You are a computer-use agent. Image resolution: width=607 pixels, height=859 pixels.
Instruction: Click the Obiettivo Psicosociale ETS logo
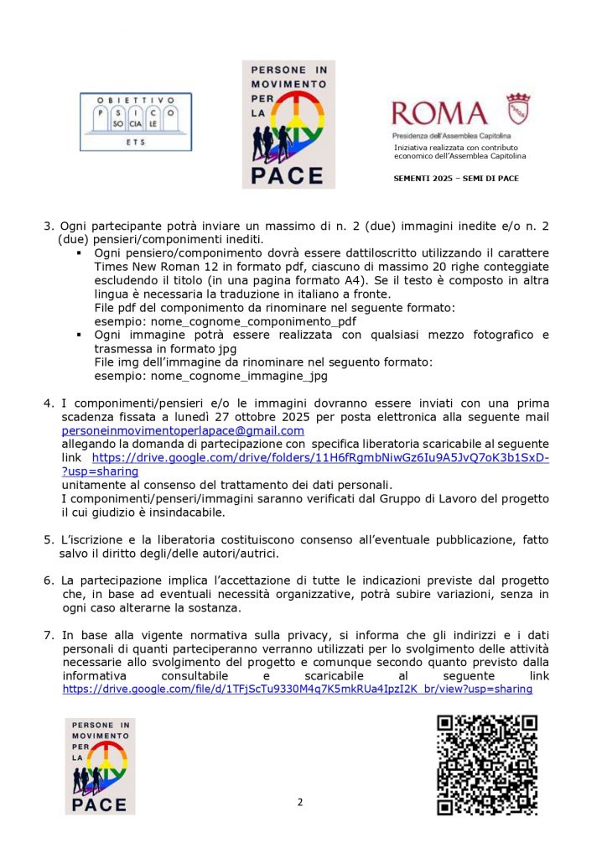[135, 122]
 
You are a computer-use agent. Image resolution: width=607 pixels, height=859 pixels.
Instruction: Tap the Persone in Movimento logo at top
[288, 123]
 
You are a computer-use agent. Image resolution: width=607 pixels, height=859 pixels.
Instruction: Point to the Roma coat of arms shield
[518, 109]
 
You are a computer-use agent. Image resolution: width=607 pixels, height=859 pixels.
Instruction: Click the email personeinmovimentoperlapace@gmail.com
[183, 430]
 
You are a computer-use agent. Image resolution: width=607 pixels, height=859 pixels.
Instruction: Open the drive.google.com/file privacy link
[298, 689]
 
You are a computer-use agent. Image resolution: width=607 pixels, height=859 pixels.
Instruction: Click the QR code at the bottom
[487, 764]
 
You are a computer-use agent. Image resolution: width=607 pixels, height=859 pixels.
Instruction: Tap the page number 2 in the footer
[300, 802]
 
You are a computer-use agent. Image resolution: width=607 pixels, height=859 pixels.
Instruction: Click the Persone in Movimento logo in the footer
[100, 765]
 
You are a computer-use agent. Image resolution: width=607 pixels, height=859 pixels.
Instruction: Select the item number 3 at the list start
[48, 226]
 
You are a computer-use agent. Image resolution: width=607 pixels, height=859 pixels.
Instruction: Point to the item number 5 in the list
[48, 541]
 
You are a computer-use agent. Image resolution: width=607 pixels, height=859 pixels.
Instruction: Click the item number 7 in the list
[48, 635]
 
